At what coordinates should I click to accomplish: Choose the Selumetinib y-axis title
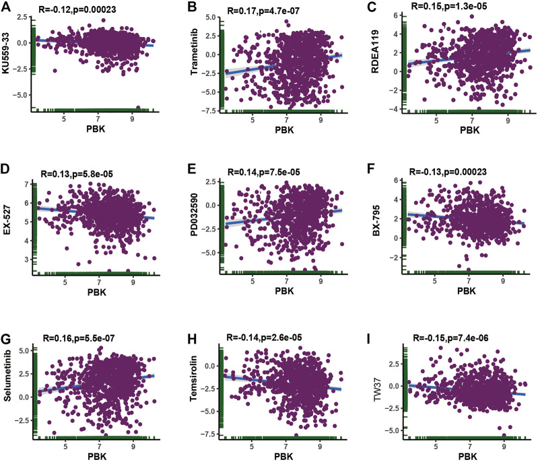click(x=7, y=387)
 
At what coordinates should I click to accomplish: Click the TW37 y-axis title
click(x=381, y=387)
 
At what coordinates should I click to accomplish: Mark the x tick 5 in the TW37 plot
click(x=436, y=445)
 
